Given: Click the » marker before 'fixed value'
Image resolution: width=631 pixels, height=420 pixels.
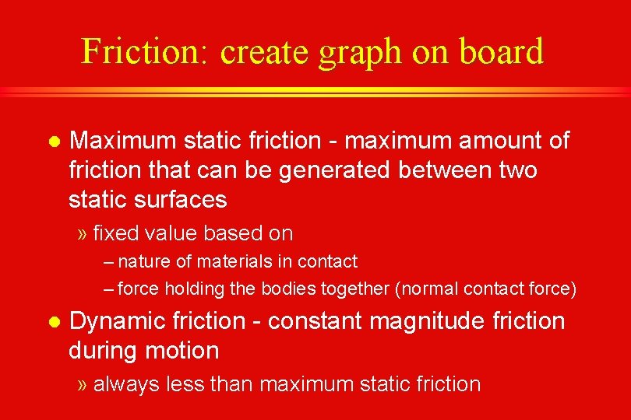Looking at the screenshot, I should [x=83, y=233].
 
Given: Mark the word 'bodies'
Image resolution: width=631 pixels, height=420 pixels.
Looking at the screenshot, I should [x=287, y=289].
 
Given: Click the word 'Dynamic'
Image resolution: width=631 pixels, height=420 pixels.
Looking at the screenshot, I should [x=118, y=321].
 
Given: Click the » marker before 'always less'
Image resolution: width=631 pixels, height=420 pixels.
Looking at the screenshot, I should [x=83, y=384].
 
